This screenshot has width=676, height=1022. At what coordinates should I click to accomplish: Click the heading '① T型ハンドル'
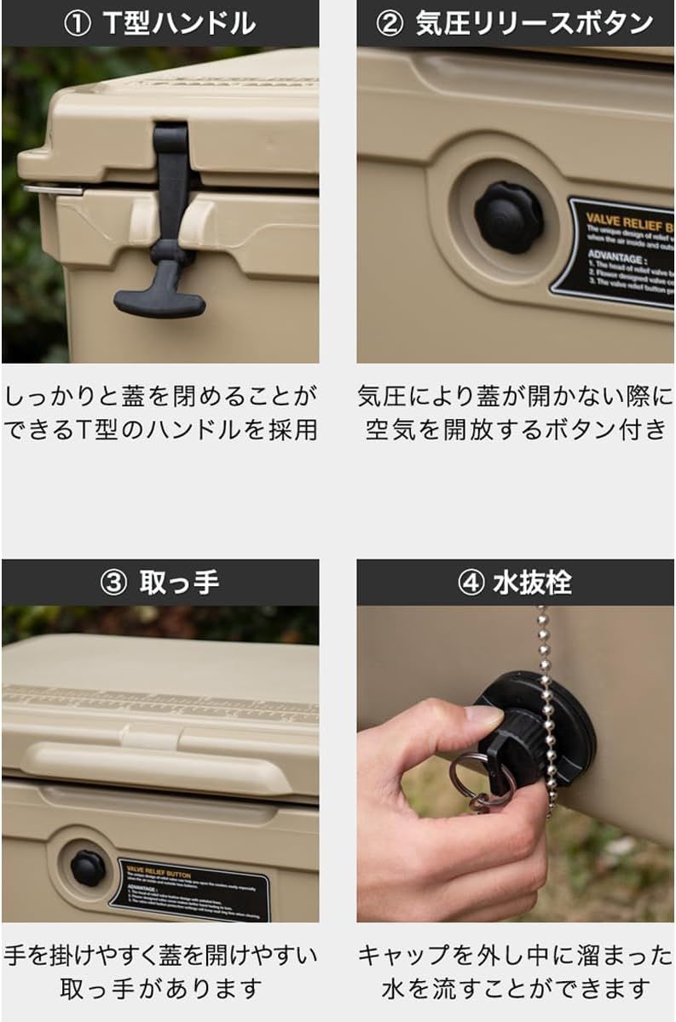(159, 23)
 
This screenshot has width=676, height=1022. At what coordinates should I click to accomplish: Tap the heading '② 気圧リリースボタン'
(515, 23)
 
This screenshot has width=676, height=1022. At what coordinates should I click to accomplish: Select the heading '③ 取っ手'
(159, 582)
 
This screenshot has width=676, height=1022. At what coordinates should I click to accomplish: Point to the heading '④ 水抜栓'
(515, 583)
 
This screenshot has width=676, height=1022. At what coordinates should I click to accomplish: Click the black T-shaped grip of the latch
(160, 299)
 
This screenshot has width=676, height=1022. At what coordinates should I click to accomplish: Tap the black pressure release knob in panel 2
(508, 217)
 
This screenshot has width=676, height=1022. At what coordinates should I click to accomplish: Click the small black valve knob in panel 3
(88, 867)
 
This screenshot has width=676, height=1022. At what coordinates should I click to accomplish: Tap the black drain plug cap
(537, 732)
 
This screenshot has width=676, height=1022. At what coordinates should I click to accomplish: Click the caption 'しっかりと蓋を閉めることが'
(159, 396)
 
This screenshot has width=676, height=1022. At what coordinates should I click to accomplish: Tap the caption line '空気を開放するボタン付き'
(515, 429)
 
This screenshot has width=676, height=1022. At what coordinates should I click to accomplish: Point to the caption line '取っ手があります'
(159, 988)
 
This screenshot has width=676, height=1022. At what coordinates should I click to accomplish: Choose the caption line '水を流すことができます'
(515, 988)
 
